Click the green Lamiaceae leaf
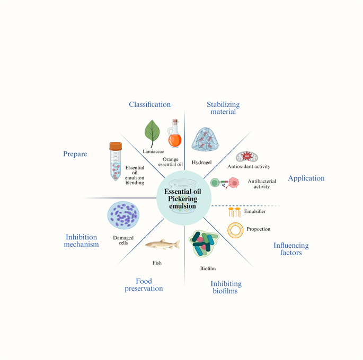pyautogui.click(x=153, y=133)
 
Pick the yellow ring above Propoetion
pyautogui.click(x=235, y=230)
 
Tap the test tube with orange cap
pyautogui.click(x=116, y=160)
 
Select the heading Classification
pyautogui.click(x=150, y=104)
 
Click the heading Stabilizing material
pyautogui.click(x=223, y=107)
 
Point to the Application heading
pyautogui.click(x=306, y=178)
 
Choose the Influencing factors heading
pyautogui.click(x=291, y=249)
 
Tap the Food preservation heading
pyautogui.click(x=144, y=285)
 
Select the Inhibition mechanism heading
pyautogui.click(x=82, y=240)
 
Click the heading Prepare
pyautogui.click(x=75, y=154)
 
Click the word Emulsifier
pyautogui.click(x=255, y=212)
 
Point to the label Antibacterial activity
pyautogui.click(x=262, y=184)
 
